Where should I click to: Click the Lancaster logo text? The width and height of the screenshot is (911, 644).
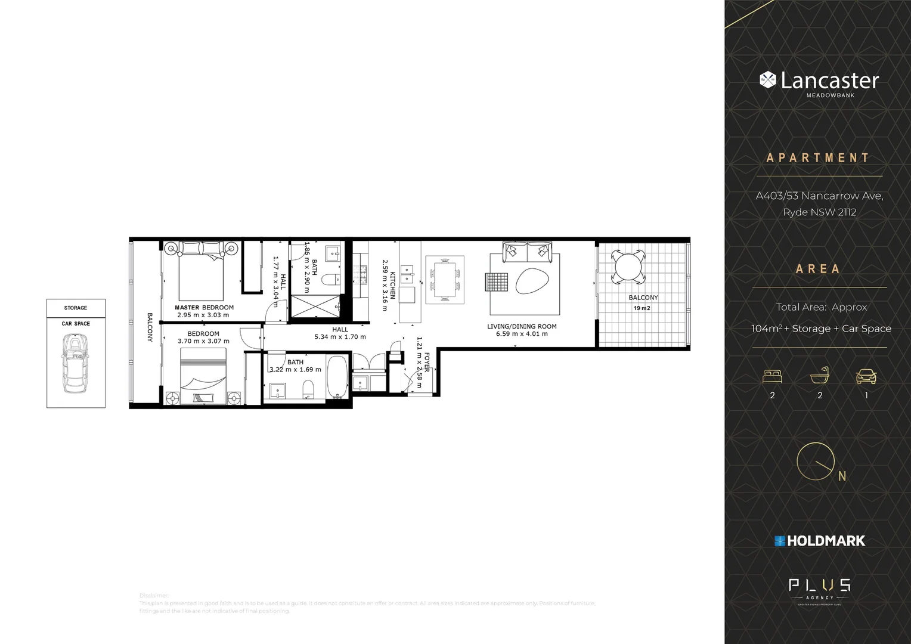(829, 80)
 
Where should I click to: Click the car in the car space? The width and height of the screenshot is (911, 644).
(76, 363)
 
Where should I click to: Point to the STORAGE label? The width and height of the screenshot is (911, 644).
(76, 308)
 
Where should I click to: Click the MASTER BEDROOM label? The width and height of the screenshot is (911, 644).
(204, 308)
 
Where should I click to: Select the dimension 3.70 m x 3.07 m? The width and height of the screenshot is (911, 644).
(203, 341)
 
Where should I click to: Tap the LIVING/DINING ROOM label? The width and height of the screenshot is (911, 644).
(522, 326)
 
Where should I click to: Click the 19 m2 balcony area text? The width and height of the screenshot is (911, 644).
(642, 308)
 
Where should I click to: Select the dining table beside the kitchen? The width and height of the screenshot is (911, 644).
(445, 279)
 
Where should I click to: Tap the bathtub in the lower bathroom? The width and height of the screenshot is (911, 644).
(337, 377)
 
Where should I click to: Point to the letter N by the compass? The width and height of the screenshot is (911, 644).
(842, 476)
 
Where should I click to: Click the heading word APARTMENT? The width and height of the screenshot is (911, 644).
(818, 158)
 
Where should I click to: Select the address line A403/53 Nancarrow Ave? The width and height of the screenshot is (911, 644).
(819, 196)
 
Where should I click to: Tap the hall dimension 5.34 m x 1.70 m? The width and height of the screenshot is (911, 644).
(340, 337)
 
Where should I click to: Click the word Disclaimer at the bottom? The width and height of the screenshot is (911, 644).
(154, 596)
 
